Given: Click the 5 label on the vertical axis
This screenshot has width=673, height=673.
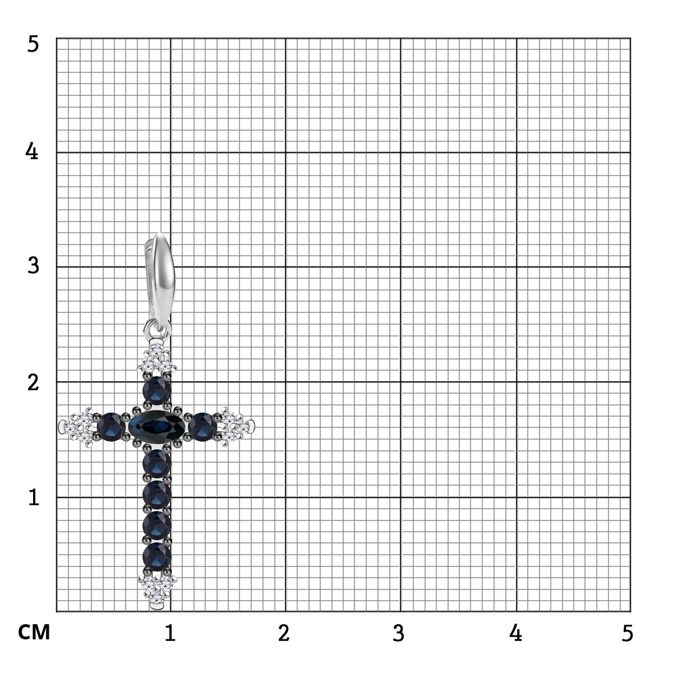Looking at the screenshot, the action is click(33, 44).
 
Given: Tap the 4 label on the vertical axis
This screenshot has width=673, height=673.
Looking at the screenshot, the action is click(32, 151).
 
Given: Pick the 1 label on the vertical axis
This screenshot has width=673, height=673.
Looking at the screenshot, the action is click(34, 497).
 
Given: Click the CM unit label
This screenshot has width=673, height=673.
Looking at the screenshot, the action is click(34, 632).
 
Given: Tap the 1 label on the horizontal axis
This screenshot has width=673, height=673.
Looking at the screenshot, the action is click(170, 633).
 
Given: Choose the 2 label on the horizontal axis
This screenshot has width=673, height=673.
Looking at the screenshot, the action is click(284, 633).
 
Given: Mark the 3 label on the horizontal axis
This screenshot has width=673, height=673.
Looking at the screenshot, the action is click(399, 633).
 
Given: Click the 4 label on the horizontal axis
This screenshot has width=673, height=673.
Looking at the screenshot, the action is click(515, 633).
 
